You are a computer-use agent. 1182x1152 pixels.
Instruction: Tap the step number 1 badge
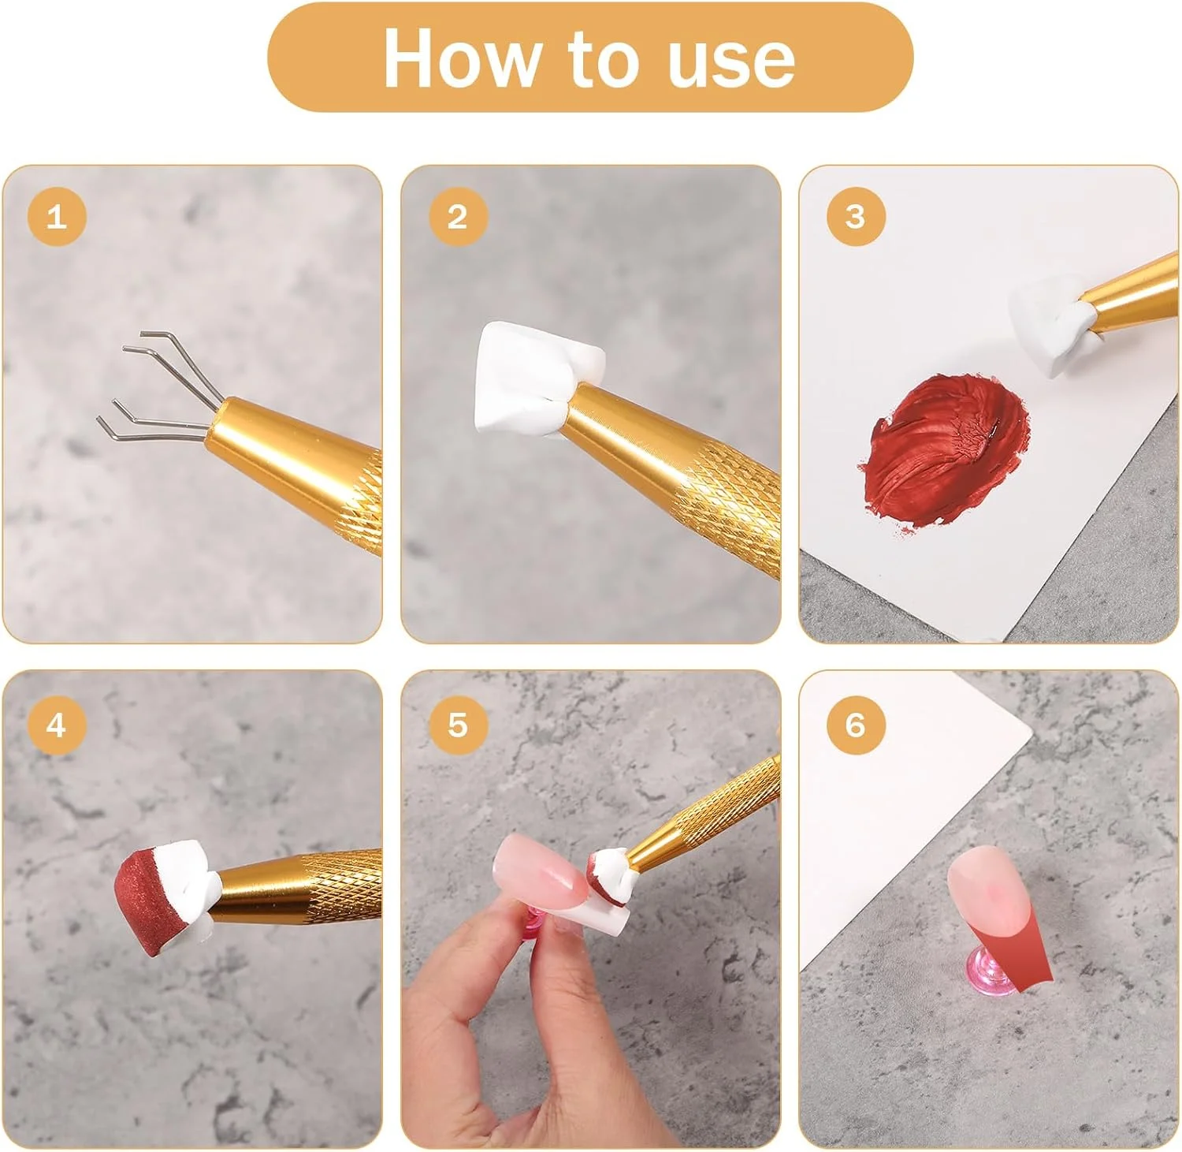56,216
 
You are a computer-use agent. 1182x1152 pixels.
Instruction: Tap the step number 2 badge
457,216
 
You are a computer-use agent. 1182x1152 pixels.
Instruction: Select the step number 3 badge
855,216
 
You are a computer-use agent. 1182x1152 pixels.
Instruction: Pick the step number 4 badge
56,725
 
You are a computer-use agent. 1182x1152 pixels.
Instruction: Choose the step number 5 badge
457,725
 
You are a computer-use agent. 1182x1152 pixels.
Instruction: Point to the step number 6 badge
855,725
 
